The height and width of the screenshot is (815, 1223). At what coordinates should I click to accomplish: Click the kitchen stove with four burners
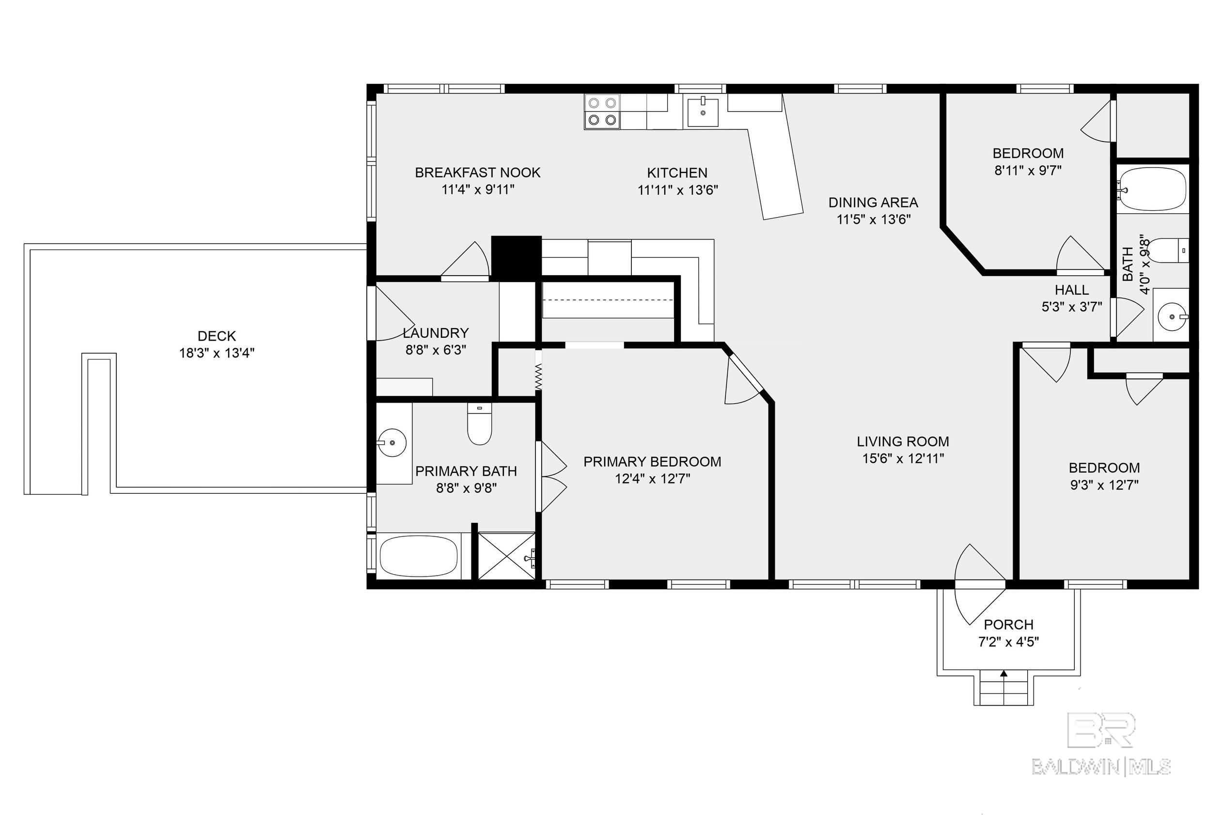(602, 112)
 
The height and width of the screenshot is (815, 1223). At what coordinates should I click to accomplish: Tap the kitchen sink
(703, 112)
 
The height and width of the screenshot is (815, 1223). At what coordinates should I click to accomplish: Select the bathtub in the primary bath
(419, 557)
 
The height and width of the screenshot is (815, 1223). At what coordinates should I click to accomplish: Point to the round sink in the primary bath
(392, 442)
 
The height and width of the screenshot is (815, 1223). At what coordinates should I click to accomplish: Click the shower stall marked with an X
(506, 556)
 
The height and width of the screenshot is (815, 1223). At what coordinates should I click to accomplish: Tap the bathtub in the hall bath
(1153, 189)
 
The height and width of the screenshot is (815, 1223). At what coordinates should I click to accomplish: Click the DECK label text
(217, 336)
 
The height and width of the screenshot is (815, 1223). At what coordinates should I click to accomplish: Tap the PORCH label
(1008, 624)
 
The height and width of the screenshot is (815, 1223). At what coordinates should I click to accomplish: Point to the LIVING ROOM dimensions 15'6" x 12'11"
(903, 458)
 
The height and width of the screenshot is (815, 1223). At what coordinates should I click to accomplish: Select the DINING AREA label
(873, 202)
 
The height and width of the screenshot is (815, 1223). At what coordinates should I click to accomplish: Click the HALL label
(1072, 290)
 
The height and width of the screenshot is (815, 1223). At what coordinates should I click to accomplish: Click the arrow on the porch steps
(1003, 674)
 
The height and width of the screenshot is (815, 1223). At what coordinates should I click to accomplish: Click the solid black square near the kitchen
(517, 256)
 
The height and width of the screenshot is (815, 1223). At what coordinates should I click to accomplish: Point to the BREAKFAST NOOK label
(478, 172)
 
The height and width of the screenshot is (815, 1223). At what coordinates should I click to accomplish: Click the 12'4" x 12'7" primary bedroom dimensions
(652, 479)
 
